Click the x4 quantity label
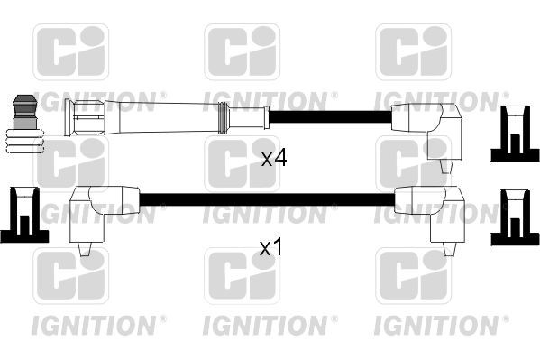point(273,159)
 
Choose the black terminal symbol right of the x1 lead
point(513,217)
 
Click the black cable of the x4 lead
point(329,116)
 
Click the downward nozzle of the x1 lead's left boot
point(87,247)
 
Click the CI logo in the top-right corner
point(412,52)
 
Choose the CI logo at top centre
point(241,52)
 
